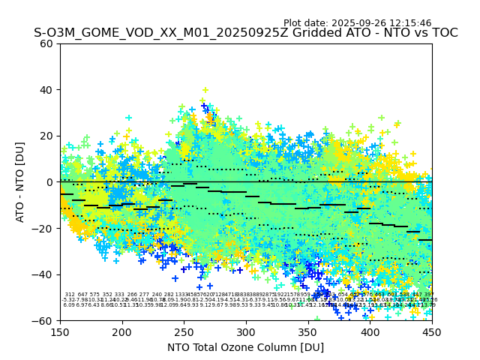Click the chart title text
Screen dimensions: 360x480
pyautogui.click(x=245, y=33)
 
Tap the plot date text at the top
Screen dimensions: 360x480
pyautogui.click(x=357, y=23)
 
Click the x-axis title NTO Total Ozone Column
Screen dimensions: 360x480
pyautogui.click(x=245, y=347)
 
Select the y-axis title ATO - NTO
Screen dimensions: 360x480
pyautogui.click(x=20, y=182)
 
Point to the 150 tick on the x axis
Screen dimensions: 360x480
pyautogui.click(x=60, y=331)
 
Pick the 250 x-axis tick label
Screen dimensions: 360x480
pyautogui.click(x=184, y=331)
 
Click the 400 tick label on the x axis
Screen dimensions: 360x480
pyautogui.click(x=370, y=331)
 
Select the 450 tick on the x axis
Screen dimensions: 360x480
pyautogui.click(x=432, y=331)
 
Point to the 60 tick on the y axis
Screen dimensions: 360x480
pyautogui.click(x=46, y=43)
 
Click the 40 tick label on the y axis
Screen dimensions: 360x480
pyautogui.click(x=46, y=90)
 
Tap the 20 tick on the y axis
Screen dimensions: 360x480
pyautogui.click(x=46, y=136)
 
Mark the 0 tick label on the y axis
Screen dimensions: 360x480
pyautogui.click(x=49, y=182)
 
